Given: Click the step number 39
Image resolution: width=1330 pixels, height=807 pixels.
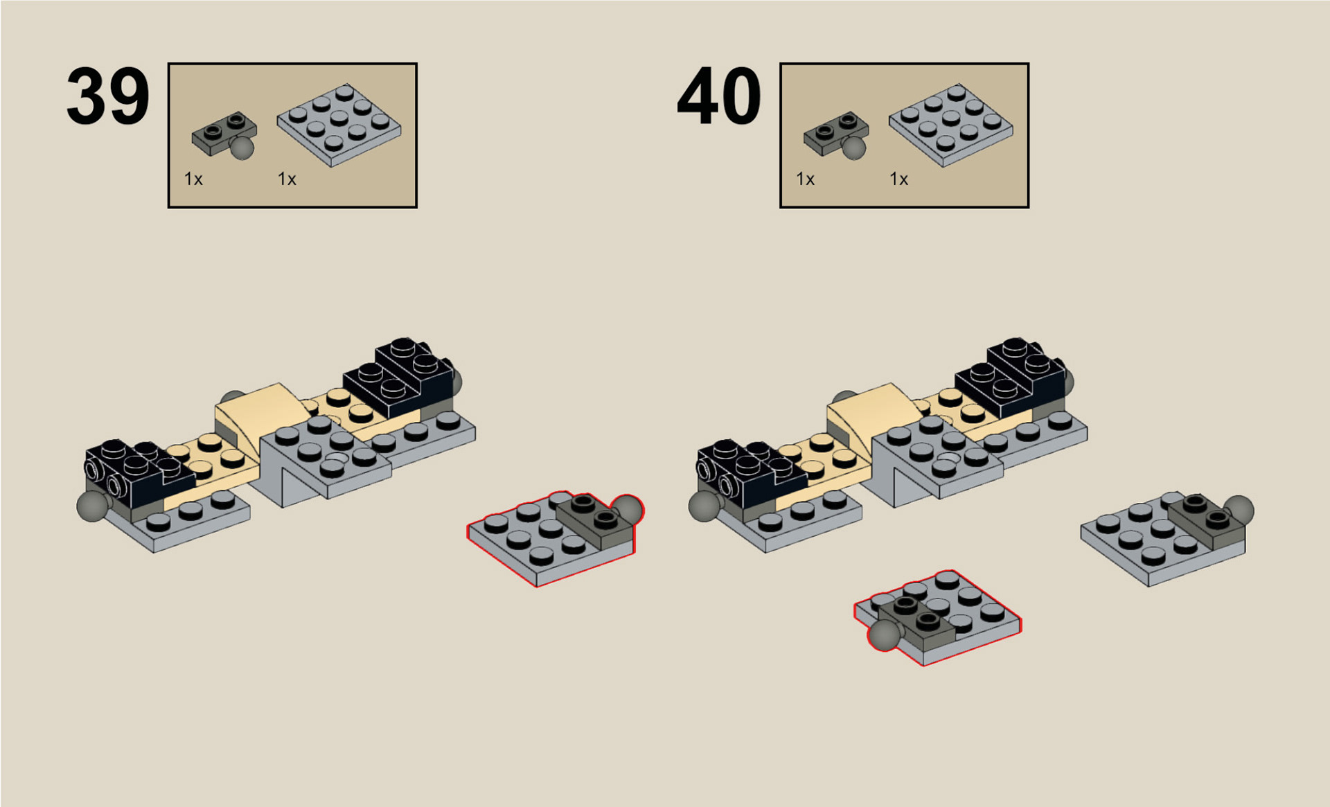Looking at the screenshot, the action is [107, 96].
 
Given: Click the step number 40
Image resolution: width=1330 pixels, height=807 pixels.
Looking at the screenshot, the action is [719, 96].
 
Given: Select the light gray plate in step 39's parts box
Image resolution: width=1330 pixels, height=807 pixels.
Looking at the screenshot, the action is [339, 125].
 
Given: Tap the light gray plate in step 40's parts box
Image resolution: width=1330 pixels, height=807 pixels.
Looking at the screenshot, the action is [950, 125].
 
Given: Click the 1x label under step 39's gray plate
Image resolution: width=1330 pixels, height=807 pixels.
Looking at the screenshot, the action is [287, 179].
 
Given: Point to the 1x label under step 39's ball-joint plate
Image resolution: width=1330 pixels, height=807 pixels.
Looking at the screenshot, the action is [193, 179].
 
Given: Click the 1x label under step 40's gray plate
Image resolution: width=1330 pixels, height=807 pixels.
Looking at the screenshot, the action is [898, 179].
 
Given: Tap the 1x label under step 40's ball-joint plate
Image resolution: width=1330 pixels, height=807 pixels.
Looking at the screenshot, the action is [805, 179].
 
